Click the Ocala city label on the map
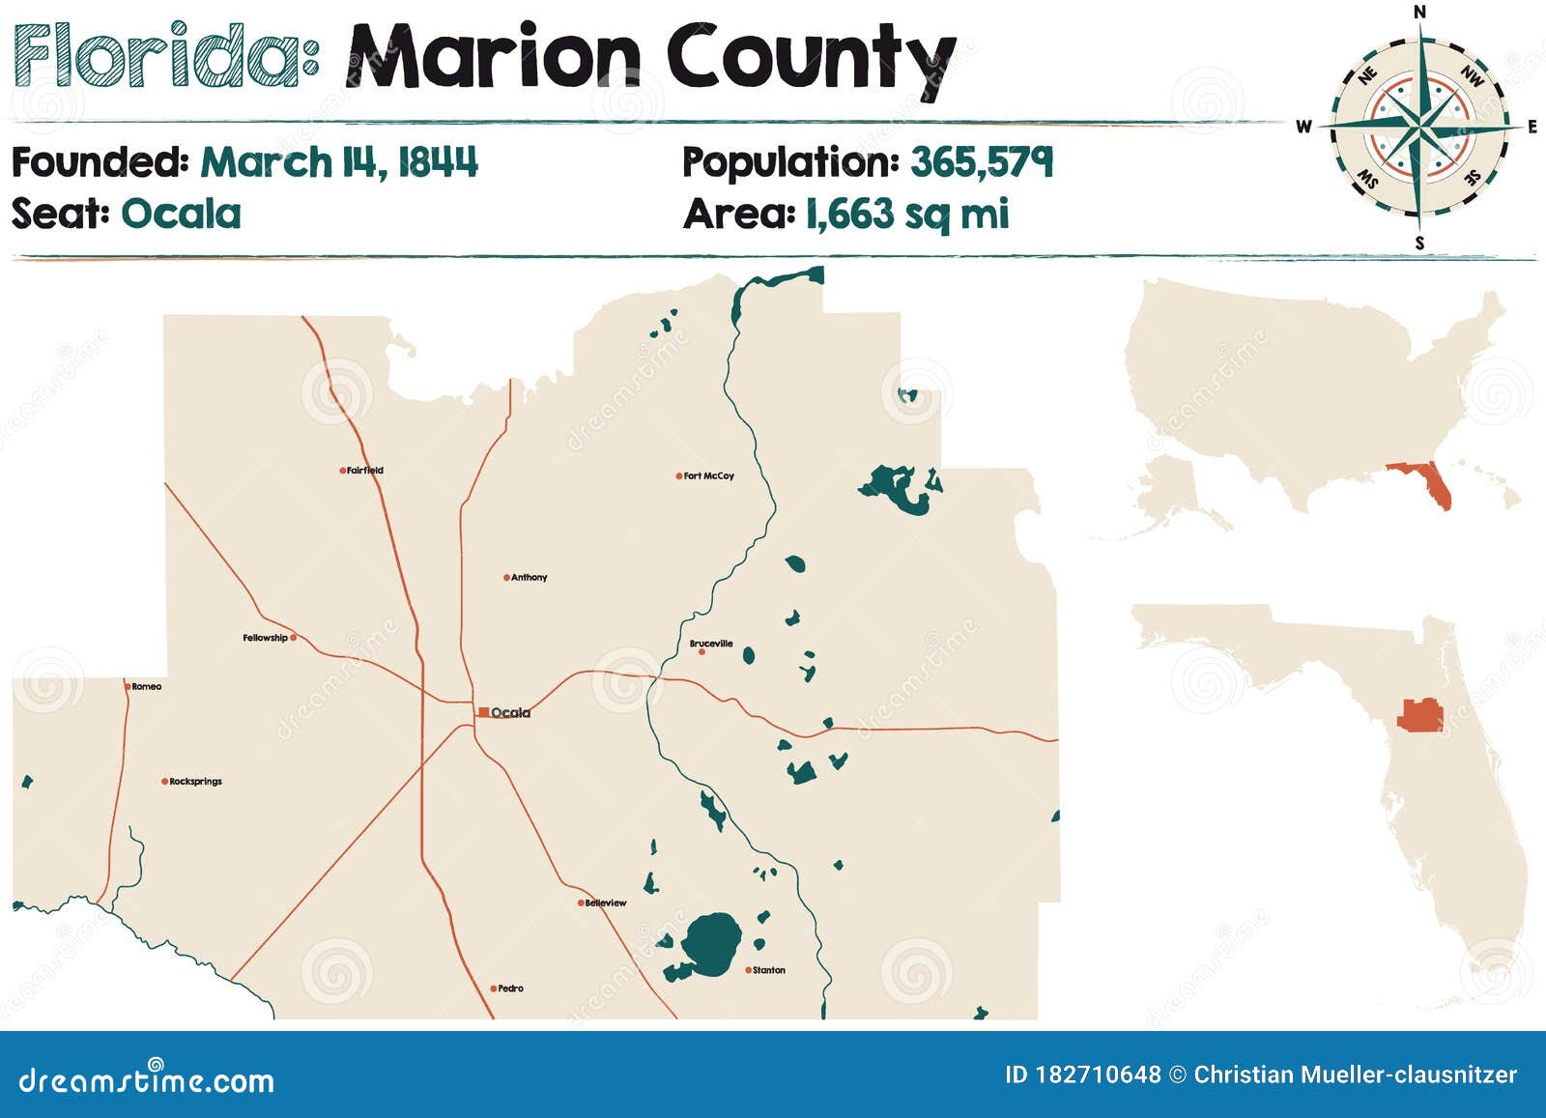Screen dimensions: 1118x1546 point(511,713)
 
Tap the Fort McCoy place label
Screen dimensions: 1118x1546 point(708,475)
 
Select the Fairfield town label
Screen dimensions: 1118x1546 point(365,471)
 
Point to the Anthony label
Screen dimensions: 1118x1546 point(529,578)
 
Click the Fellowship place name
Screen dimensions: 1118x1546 point(265,638)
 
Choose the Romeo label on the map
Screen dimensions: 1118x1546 point(147,687)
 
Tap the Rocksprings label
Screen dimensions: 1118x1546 point(195,782)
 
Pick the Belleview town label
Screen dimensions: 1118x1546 point(606,903)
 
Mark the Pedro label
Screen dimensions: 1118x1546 point(510,989)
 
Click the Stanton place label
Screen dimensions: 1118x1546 point(769,970)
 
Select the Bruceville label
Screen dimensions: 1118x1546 point(711,644)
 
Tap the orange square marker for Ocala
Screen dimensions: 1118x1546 point(483,712)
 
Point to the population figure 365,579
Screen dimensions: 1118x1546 point(981,162)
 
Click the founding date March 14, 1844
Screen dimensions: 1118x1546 point(339,162)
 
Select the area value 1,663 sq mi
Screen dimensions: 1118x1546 point(907,214)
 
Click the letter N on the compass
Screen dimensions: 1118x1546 point(1419,12)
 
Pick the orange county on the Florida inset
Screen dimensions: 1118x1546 point(1419,717)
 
